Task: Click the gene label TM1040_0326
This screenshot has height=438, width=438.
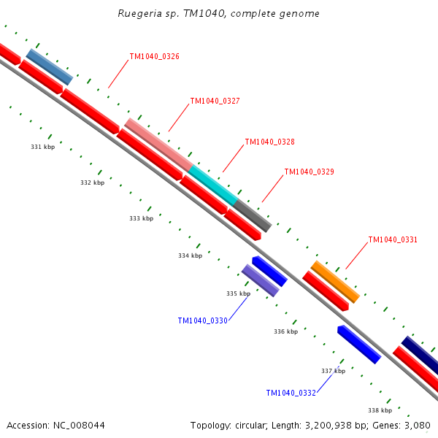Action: (x=154, y=56)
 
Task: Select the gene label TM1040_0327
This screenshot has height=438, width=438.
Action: (x=215, y=101)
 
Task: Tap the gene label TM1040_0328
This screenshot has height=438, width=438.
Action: (x=269, y=142)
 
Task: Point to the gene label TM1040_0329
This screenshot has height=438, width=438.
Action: (x=309, y=172)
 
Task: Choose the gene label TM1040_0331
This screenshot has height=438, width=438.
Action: (x=393, y=239)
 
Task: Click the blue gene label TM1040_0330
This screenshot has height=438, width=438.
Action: (x=202, y=320)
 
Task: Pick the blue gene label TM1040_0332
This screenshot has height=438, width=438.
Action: (x=291, y=393)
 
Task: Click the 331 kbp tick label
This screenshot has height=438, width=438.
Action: (x=42, y=147)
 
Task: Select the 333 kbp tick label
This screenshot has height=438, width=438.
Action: (x=141, y=218)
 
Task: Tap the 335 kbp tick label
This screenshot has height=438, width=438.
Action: (x=238, y=293)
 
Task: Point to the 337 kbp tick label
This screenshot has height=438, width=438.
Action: (x=333, y=371)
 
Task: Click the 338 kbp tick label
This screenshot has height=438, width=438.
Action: (x=380, y=410)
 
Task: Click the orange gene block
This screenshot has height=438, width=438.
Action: (x=335, y=282)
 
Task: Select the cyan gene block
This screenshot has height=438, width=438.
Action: (x=213, y=185)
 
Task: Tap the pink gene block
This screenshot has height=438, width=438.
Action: (x=158, y=144)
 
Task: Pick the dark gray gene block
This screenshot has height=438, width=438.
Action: (x=253, y=215)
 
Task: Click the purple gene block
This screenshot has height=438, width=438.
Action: (x=261, y=280)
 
